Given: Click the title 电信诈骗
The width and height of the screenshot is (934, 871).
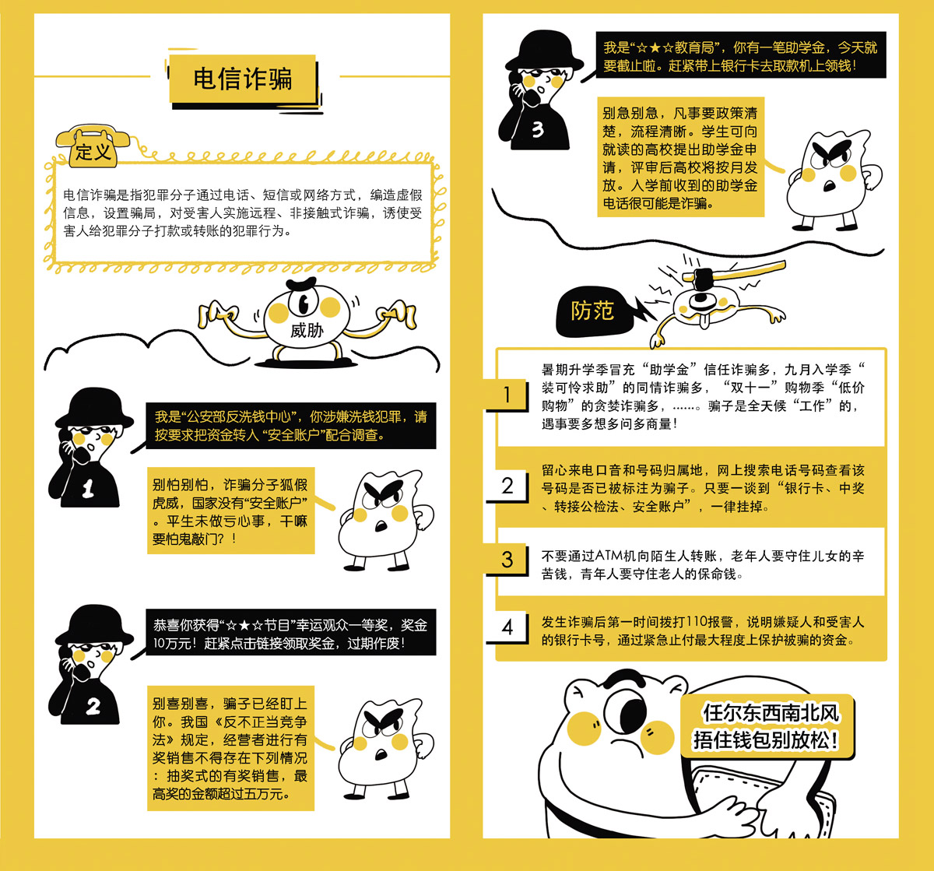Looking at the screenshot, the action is click(243, 78).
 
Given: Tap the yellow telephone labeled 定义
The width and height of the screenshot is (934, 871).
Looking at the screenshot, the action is click(93, 146).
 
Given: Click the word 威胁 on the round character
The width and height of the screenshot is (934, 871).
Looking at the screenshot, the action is click(307, 330).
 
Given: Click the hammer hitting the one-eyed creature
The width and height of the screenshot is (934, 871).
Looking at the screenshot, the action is click(734, 274).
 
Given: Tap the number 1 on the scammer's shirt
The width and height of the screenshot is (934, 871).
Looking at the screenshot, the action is click(88, 489).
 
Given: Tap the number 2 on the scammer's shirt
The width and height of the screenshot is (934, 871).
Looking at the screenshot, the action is click(93, 706).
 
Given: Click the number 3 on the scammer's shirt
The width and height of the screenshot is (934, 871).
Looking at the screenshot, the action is click(538, 129).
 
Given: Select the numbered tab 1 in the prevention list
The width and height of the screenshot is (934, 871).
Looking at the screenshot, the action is click(507, 395).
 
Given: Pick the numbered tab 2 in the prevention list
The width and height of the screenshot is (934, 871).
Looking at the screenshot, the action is click(507, 485).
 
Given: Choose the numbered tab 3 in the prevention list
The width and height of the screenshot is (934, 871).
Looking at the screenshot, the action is click(507, 559).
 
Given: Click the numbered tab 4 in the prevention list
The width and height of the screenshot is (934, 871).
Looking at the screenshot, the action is click(507, 627).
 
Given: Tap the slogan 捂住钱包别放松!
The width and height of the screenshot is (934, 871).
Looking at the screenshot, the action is click(766, 739).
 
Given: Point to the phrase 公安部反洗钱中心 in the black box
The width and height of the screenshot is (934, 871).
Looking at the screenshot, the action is click(238, 417).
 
